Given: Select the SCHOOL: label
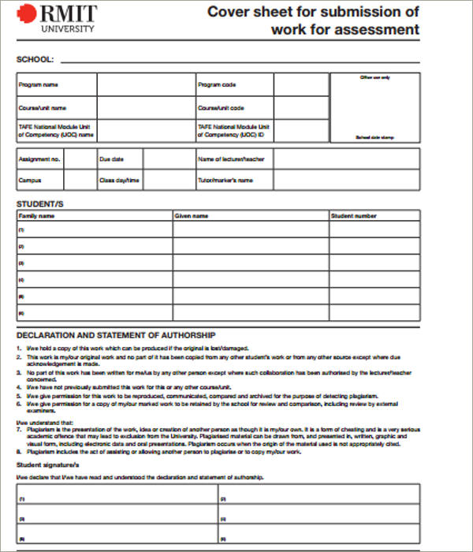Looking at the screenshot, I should pos(35,59).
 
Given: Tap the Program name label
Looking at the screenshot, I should pos(39,84).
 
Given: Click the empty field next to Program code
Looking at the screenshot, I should pos(301,84).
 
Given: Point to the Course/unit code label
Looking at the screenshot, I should pos(221,107).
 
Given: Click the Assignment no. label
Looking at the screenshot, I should pos(39,159).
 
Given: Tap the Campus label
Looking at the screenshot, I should pos(30,181).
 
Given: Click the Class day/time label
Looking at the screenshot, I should pos(119,181).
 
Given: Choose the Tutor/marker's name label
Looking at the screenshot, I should pos(225,181).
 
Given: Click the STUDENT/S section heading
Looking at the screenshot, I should pos(40,204).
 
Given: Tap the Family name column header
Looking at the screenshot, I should pos(36,215).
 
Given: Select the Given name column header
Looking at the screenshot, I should pos(192,215).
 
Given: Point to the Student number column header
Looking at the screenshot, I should pos(354,215).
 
